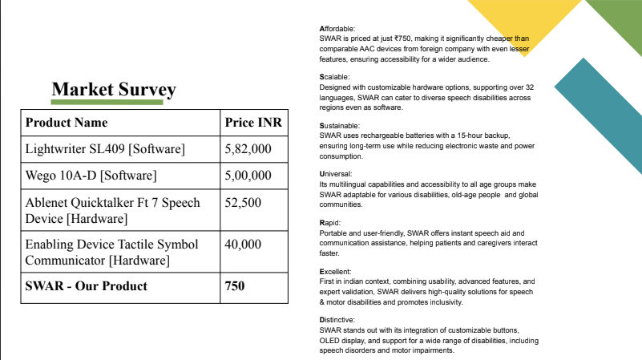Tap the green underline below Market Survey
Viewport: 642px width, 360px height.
point(107,103)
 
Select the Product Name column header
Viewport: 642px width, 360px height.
point(67,123)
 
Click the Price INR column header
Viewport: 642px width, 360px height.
point(252,123)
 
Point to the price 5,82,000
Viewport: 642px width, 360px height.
point(248,149)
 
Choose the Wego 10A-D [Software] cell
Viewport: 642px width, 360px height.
point(91,176)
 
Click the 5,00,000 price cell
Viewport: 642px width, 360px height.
point(248,176)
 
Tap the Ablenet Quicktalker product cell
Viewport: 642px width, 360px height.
point(113,209)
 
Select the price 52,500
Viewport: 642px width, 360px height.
point(244,202)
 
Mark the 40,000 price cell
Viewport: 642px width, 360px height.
point(244,244)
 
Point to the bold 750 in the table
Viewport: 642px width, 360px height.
point(236,285)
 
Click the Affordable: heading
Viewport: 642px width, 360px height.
point(337,30)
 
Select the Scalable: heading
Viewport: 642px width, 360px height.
point(335,77)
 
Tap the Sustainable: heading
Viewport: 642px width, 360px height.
point(340,126)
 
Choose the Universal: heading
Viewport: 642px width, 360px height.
point(337,173)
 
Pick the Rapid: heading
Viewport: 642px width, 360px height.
point(331,222)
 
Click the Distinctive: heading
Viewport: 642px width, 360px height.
point(338,319)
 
